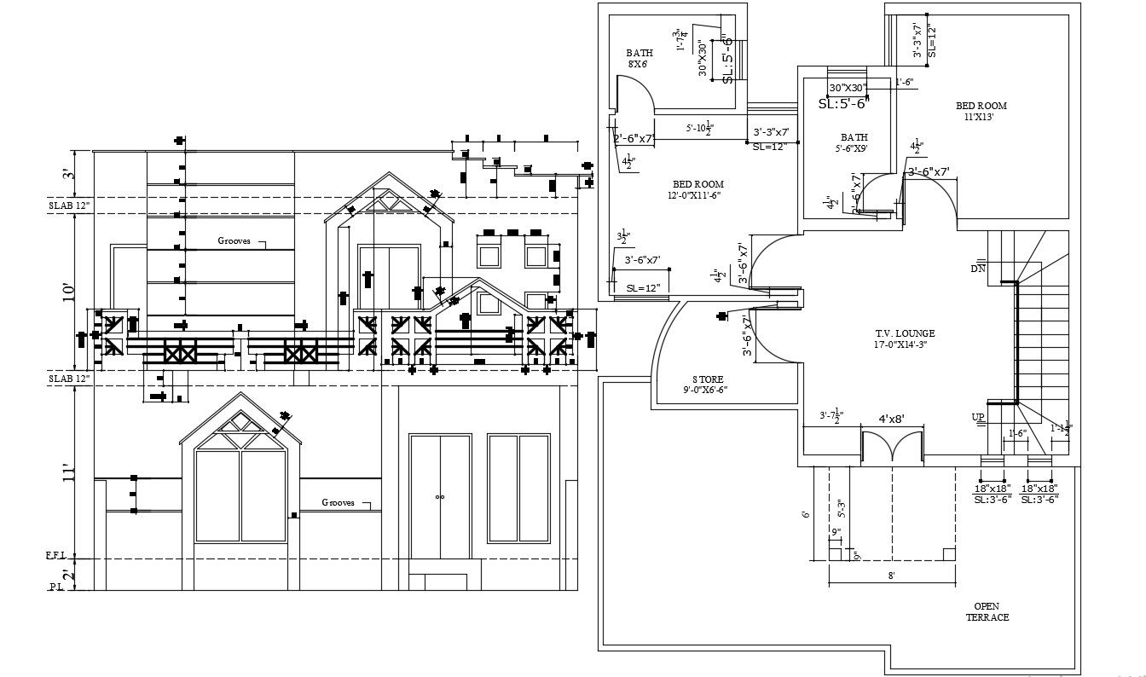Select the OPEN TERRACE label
[987, 611]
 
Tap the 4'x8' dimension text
[891, 420]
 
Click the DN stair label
[977, 269]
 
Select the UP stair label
[978, 416]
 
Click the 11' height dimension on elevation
[69, 474]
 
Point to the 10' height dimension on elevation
[69, 292]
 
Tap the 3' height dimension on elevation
[69, 174]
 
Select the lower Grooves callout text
[338, 503]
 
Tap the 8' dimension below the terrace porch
[891, 576]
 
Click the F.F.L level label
[56, 556]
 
